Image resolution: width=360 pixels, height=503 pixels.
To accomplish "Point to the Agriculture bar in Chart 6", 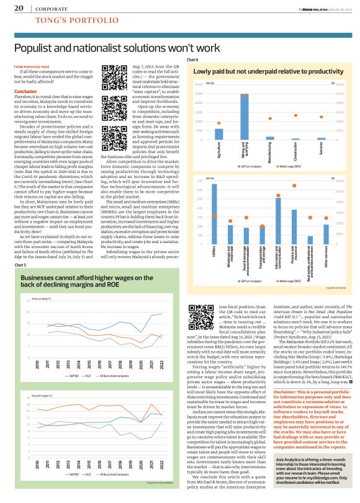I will point(219,133).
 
